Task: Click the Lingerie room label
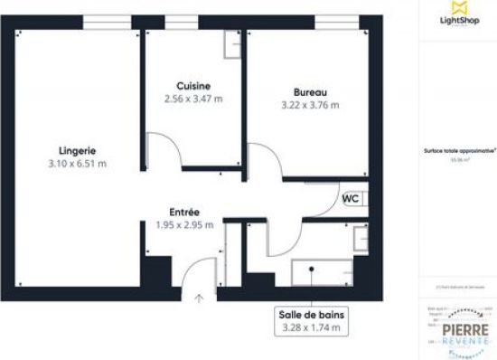[x=77, y=150]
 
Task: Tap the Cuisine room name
[x=194, y=84]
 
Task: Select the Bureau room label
[x=310, y=92]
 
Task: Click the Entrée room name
[x=184, y=212]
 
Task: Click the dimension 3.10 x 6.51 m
[x=77, y=164]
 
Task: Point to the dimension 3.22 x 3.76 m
[x=310, y=105]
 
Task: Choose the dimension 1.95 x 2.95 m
[x=184, y=225]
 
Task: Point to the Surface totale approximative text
[x=457, y=152]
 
